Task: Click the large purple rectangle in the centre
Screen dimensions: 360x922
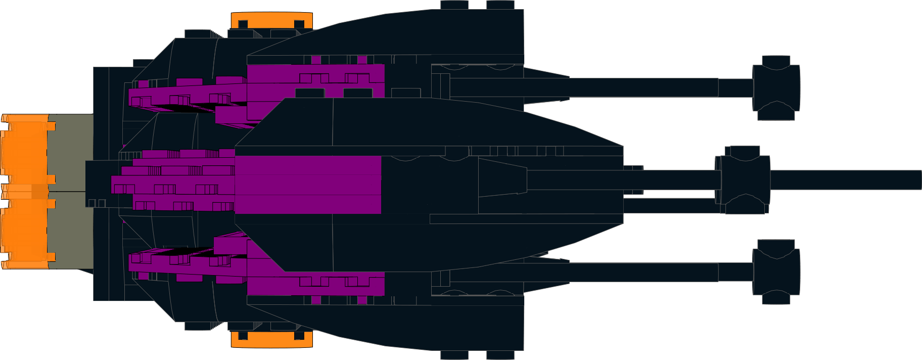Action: tap(308, 185)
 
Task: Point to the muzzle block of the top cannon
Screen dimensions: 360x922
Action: tap(776, 87)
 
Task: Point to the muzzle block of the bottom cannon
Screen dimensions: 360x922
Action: tap(776, 272)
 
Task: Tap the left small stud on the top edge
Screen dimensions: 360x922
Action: tap(454, 5)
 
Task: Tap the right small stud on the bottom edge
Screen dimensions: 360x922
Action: tap(500, 355)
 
